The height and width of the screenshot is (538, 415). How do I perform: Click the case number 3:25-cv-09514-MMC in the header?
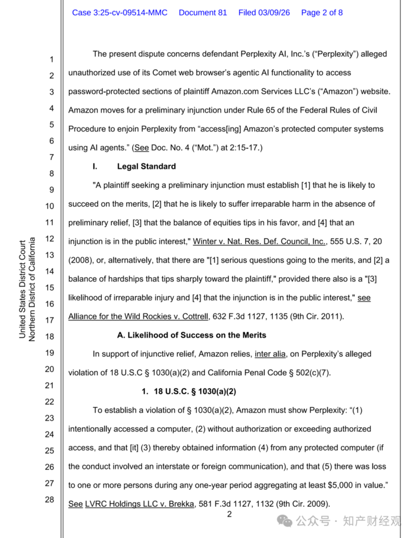click(x=120, y=12)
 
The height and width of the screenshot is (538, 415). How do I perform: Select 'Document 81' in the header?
click(x=203, y=12)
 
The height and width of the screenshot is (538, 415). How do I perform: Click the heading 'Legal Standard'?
click(x=146, y=166)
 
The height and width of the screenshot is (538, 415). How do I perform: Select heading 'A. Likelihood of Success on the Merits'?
click(x=191, y=335)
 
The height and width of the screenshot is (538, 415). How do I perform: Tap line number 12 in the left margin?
click(x=49, y=239)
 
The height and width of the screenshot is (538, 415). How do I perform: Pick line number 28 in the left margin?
click(x=49, y=499)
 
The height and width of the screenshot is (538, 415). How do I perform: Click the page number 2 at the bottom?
click(x=229, y=515)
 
